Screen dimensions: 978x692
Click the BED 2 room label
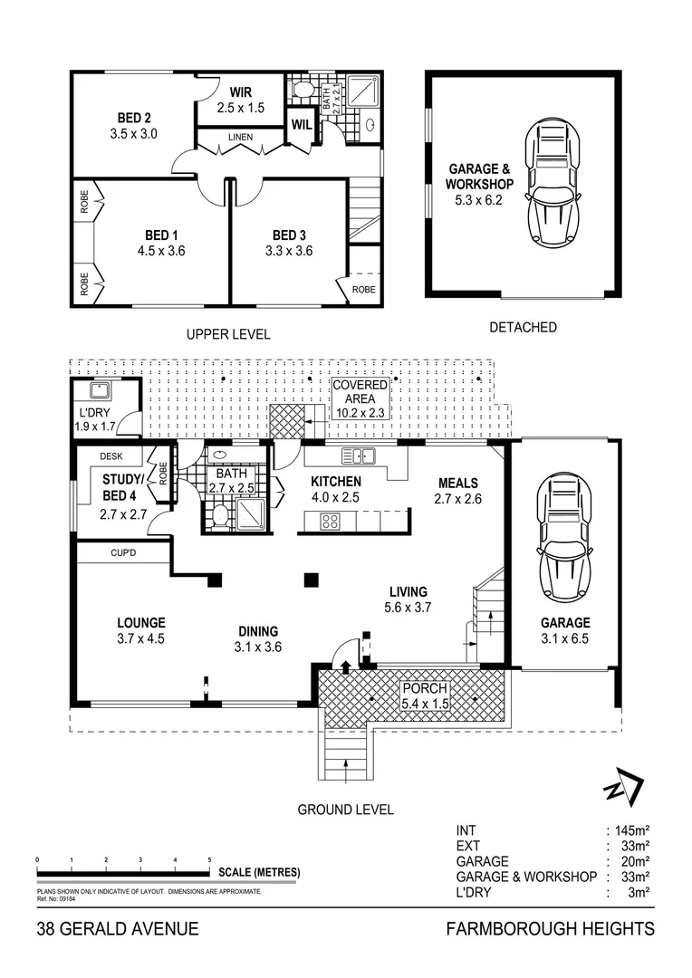pyautogui.click(x=133, y=125)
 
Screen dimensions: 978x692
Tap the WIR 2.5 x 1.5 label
pyautogui.click(x=240, y=100)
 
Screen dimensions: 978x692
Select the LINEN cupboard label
pyautogui.click(x=240, y=139)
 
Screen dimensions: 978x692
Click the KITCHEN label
pyautogui.click(x=336, y=482)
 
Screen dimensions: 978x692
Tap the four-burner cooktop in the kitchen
pyautogui.click(x=331, y=521)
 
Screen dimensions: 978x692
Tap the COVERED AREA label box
pyautogui.click(x=360, y=398)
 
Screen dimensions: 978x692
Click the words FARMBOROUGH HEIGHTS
pyautogui.click(x=551, y=929)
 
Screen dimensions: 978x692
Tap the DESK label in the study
pyautogui.click(x=111, y=457)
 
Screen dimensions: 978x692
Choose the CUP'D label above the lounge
pyautogui.click(x=123, y=551)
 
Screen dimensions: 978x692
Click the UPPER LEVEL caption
pyautogui.click(x=228, y=334)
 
